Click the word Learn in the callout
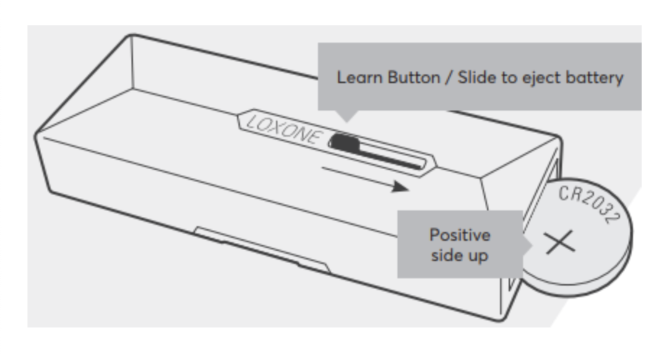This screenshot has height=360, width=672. point(360,77)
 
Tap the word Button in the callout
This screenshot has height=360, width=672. point(413,77)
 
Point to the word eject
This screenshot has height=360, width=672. point(540,78)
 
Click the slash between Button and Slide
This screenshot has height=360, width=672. point(449,78)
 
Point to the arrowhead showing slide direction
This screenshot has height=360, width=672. point(400,187)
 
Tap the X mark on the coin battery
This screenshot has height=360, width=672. point(560,242)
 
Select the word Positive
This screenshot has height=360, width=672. point(460,235)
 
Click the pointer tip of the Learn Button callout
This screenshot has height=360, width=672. point(348,122)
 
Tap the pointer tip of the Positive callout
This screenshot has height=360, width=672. point(532,246)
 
